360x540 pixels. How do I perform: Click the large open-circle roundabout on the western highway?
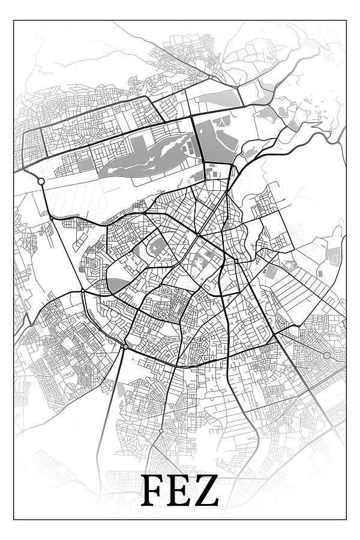[41, 181]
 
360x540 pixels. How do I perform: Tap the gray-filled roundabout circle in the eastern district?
[326, 356]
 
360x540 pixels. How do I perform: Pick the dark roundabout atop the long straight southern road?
[125, 346]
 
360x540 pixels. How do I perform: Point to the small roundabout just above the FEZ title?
[161, 431]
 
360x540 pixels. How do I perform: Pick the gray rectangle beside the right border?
[334, 256]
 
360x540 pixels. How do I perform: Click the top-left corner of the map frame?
[14, 21]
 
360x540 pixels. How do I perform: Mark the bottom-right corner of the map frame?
[346, 519]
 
